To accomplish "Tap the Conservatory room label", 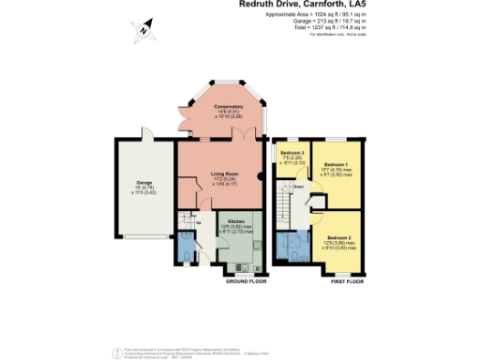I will click(218, 111).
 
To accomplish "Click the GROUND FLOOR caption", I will click(247, 280).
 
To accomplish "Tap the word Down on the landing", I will click(298, 185).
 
